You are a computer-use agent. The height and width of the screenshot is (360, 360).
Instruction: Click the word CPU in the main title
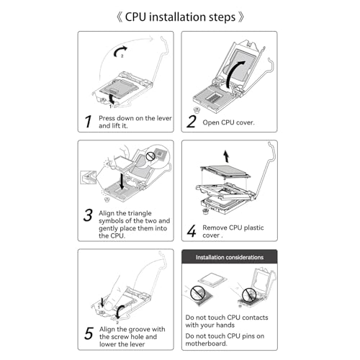(135, 17)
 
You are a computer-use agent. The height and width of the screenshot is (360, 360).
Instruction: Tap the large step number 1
(89, 122)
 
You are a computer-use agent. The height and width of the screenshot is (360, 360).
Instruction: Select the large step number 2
(192, 122)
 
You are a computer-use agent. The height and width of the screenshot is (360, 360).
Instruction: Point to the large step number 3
(88, 215)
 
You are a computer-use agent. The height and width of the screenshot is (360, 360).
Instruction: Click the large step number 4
(192, 231)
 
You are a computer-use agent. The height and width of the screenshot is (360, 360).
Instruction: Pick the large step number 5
(89, 333)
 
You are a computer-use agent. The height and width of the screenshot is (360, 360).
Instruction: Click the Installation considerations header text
(230, 257)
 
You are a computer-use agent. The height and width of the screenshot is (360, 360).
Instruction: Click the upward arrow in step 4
(226, 156)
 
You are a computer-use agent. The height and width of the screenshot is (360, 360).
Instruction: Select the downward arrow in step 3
(122, 181)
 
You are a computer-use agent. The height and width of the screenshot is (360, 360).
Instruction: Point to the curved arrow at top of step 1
(120, 50)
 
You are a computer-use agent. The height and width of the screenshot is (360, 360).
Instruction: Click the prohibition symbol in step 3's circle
(150, 156)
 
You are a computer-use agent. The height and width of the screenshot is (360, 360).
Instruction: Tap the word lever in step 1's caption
(164, 118)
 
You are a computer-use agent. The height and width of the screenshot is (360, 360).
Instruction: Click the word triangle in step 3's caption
(140, 213)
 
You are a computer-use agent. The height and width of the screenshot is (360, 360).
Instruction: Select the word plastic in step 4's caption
(253, 228)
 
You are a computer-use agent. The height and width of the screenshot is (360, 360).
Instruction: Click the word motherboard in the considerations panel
(206, 343)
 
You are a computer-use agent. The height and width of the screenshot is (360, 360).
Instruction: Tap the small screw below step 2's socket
(197, 110)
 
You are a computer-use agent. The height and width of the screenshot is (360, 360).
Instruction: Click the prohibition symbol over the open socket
(248, 294)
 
